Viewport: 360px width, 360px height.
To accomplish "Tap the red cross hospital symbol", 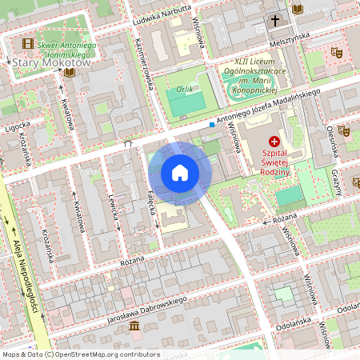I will (x=274, y=141).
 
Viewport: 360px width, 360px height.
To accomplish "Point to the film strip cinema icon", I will (x=29, y=43).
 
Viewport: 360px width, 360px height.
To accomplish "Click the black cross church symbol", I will (x=275, y=20).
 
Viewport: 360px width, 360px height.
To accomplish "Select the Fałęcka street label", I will (x=150, y=192).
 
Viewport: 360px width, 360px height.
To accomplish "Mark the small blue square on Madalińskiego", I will (x=211, y=124).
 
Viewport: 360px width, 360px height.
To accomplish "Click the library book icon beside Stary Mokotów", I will (x=69, y=73).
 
